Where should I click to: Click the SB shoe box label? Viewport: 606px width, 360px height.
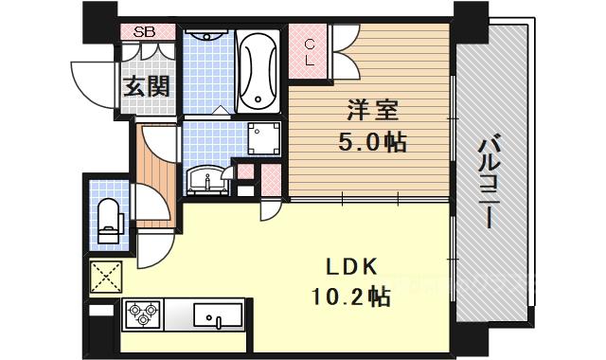[x=144, y=31]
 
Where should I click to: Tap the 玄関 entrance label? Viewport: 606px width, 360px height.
[x=147, y=86]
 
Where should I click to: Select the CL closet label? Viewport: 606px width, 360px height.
[x=310, y=52]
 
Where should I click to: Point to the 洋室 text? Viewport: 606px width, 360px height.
[x=372, y=110]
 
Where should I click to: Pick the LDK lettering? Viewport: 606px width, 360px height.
[x=351, y=267]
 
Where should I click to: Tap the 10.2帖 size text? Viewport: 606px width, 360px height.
[x=350, y=297]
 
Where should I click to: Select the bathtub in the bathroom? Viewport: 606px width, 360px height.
[x=258, y=72]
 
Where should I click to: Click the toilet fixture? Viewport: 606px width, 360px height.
[x=109, y=221]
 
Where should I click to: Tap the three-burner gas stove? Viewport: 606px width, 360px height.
[x=142, y=314]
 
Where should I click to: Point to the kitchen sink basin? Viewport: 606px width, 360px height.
[x=218, y=315]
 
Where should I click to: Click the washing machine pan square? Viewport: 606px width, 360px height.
[x=263, y=138]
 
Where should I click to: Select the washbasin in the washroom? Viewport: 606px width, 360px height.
[x=205, y=180]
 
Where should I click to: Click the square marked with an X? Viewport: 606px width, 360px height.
[x=106, y=277]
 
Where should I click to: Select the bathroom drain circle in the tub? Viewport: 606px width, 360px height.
[x=258, y=99]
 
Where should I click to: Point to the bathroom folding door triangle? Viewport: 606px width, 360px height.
[x=221, y=110]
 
